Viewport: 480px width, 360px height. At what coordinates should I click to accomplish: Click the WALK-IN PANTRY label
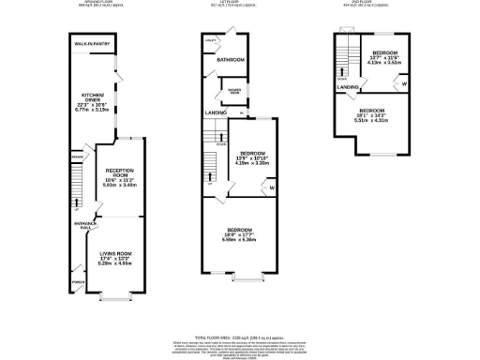point(95,42)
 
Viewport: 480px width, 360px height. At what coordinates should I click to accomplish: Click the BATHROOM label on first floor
point(231,59)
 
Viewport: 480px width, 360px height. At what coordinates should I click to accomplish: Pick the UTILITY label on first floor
point(211,41)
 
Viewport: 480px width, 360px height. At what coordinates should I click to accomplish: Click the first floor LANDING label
point(217,113)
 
